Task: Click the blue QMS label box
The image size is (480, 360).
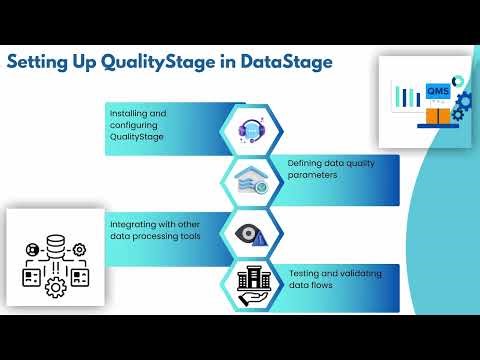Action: (437, 91)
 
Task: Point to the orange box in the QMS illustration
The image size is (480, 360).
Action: (438, 116)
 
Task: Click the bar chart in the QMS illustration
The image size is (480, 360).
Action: (410, 97)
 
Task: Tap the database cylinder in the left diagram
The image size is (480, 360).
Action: (56, 245)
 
